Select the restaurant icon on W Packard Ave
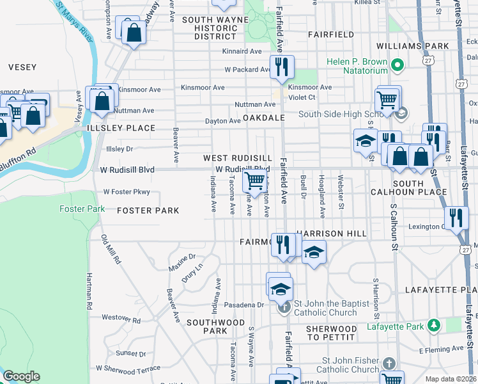click(x=281, y=67)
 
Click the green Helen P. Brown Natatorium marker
click(x=397, y=65)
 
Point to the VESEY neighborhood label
click(x=22, y=67)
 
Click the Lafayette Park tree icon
click(x=434, y=326)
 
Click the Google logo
click(x=21, y=376)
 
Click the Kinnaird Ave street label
click(x=242, y=51)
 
